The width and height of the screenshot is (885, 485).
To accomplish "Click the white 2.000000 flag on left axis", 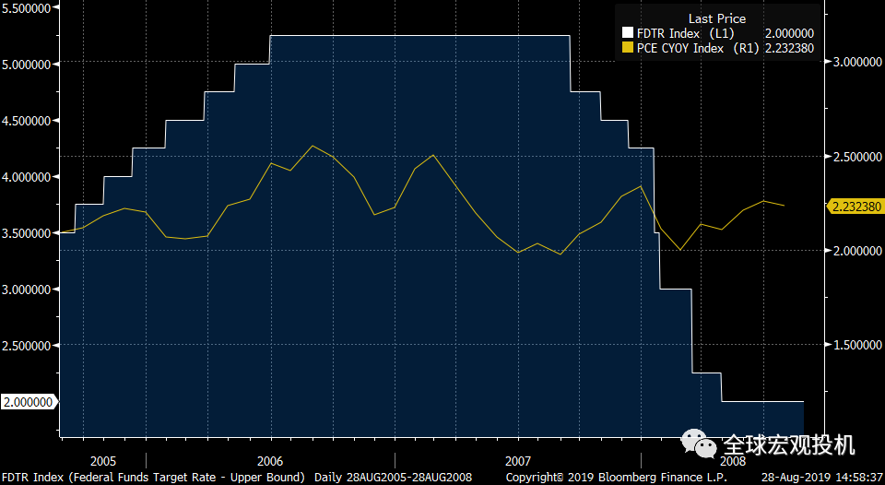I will click(x=28, y=401).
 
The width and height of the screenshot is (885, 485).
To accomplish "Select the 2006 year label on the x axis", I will click(x=269, y=460).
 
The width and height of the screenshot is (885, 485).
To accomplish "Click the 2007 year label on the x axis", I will click(x=518, y=460).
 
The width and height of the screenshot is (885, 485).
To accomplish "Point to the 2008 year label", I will click(x=733, y=460).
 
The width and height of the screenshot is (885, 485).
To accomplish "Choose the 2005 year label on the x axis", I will click(x=104, y=460).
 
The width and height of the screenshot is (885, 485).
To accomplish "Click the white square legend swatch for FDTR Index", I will click(x=629, y=33).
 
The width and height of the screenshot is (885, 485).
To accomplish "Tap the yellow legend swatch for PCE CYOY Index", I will click(x=629, y=48).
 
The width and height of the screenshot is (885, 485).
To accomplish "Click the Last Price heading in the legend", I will click(x=716, y=18).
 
